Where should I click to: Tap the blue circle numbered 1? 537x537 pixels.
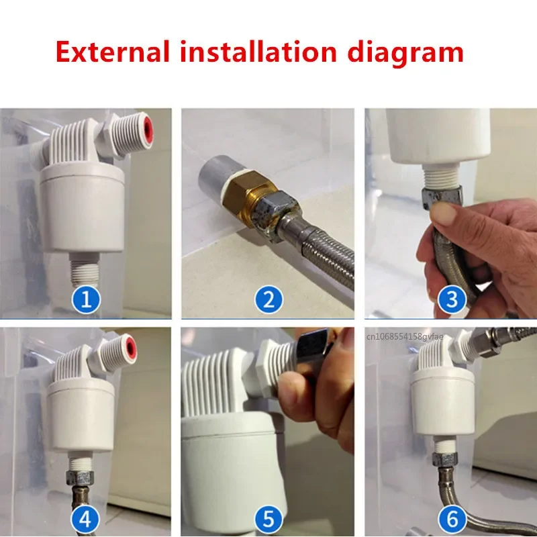point(85,299)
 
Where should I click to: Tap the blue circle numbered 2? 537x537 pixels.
point(268,299)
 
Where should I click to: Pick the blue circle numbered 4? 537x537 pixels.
point(85,518)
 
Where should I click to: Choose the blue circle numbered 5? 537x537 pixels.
point(268,518)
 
